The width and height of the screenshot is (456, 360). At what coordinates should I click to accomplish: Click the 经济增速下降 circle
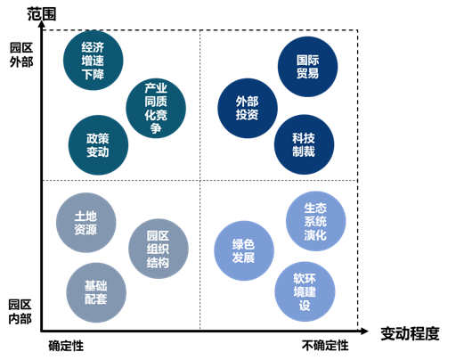(94, 61)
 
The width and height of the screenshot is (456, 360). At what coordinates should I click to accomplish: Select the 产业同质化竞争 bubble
(156, 108)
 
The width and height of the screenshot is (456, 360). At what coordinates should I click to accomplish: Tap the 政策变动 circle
(98, 145)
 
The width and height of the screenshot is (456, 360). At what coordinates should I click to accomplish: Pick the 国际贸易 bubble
(307, 67)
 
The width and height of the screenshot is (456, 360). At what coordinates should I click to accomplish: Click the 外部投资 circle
(248, 108)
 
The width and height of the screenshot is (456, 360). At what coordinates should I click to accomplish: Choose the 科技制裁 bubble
(304, 144)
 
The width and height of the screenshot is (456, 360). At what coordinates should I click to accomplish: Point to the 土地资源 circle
(86, 223)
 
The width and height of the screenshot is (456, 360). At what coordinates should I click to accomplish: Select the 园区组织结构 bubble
(159, 249)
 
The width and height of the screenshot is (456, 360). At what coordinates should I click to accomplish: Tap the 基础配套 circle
(96, 292)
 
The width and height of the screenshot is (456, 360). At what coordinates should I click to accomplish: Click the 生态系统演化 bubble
(316, 221)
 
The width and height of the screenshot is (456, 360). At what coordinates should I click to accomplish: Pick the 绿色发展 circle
(244, 250)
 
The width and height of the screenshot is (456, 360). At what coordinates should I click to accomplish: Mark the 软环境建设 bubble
(305, 291)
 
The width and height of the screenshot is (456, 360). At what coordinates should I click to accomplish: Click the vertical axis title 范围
(42, 13)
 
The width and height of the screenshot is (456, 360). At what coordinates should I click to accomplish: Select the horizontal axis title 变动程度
(410, 333)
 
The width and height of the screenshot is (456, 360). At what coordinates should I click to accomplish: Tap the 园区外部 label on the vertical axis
(21, 55)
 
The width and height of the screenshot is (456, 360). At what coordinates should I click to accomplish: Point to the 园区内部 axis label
(20, 312)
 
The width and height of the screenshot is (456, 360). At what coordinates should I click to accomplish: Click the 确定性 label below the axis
(66, 346)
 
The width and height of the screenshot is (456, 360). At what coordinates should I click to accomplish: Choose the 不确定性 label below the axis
(325, 346)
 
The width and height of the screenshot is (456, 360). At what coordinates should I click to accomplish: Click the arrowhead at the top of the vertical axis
(42, 24)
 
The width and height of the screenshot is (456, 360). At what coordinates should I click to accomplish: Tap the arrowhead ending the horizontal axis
(364, 331)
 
